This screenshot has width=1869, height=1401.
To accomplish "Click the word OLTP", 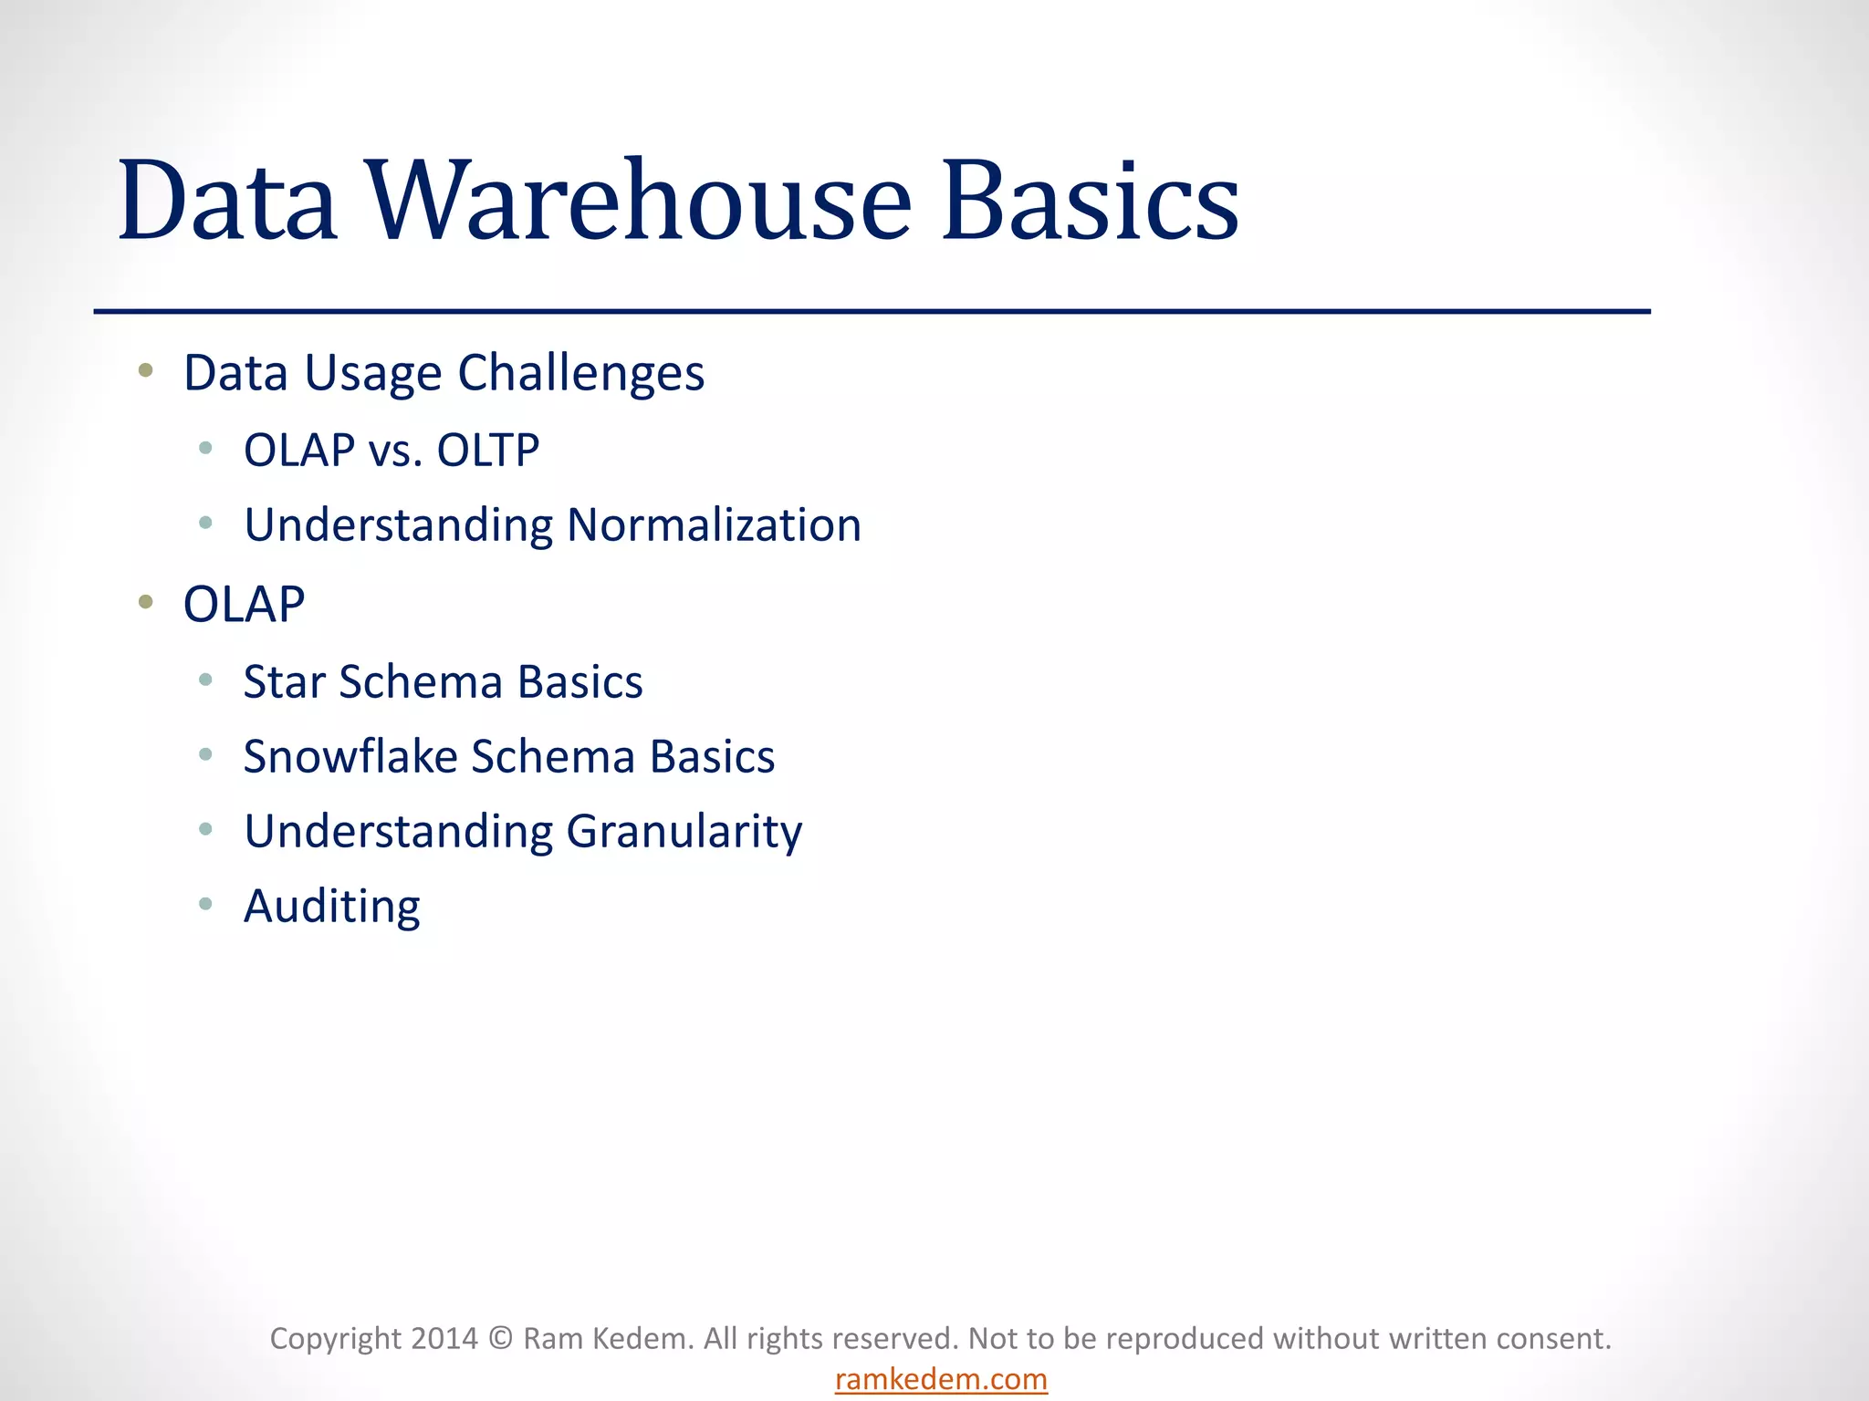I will tap(488, 451).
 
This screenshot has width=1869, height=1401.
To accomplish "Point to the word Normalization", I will tap(714, 525).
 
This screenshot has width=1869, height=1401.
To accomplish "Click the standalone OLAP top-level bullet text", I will tap(244, 605).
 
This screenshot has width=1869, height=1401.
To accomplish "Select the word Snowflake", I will tap(350, 757).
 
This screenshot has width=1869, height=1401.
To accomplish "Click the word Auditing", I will tap(331, 907).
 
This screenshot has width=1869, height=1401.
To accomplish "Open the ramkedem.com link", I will tap(941, 1379).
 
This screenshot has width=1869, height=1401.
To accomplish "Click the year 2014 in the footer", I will tap(444, 1339).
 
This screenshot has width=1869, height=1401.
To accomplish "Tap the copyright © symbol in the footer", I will tap(500, 1339).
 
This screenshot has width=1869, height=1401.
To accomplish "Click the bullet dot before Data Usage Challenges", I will tap(145, 370).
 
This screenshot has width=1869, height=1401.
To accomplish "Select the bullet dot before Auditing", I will tap(205, 904).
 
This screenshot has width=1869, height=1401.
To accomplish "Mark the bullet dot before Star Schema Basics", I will tap(205, 680).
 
